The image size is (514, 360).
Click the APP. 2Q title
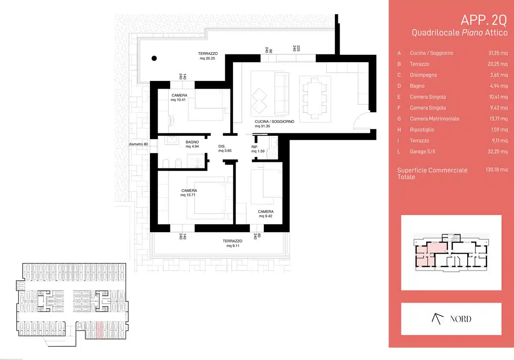tap(484, 20)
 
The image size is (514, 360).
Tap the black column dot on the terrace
tap(154, 58)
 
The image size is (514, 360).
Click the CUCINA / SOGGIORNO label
tap(274, 124)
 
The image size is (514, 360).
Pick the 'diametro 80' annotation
tap(138, 144)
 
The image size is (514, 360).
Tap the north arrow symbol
tap(437, 319)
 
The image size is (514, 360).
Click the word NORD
tap(460, 319)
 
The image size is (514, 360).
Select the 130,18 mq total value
tap(496, 170)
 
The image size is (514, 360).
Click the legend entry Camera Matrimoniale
tap(434, 119)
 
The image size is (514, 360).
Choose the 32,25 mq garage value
tap(498, 152)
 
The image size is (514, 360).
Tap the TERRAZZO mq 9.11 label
tap(233, 243)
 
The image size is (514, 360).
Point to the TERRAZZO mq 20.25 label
tap(208, 56)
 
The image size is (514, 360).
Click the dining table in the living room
tap(314, 98)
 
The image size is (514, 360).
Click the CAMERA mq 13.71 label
tap(189, 192)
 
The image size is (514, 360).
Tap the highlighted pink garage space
tap(99, 330)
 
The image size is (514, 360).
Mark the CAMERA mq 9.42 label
tap(266, 214)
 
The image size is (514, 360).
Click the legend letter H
tap(399, 130)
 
